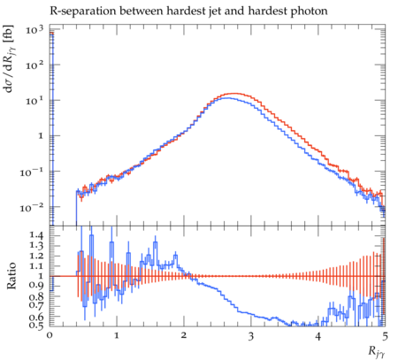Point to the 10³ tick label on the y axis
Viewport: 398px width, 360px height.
[x=34, y=30]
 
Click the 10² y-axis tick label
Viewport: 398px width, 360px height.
[x=34, y=65]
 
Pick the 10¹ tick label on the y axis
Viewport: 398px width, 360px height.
[x=34, y=100]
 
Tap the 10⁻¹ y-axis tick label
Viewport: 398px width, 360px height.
[x=32, y=172]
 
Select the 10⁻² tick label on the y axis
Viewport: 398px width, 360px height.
[x=32, y=208]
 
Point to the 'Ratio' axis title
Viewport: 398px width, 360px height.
[x=11, y=275]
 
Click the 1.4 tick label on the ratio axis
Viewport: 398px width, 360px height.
[x=36, y=235]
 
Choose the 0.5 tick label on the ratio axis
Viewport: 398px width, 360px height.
[x=36, y=325]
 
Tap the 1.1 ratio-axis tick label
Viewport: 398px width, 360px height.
[x=36, y=266]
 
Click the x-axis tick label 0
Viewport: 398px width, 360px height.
[x=50, y=335]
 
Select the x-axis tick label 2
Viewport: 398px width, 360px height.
[x=184, y=335]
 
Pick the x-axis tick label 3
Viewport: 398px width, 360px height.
[x=251, y=335]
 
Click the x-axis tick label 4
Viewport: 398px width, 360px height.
[x=318, y=335]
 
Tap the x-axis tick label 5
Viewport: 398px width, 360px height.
[x=385, y=335]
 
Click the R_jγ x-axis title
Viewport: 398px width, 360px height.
[x=377, y=352]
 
